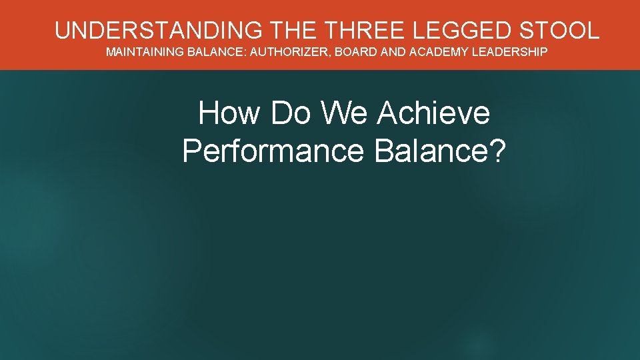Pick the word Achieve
coord(433,113)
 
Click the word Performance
coord(273,151)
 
